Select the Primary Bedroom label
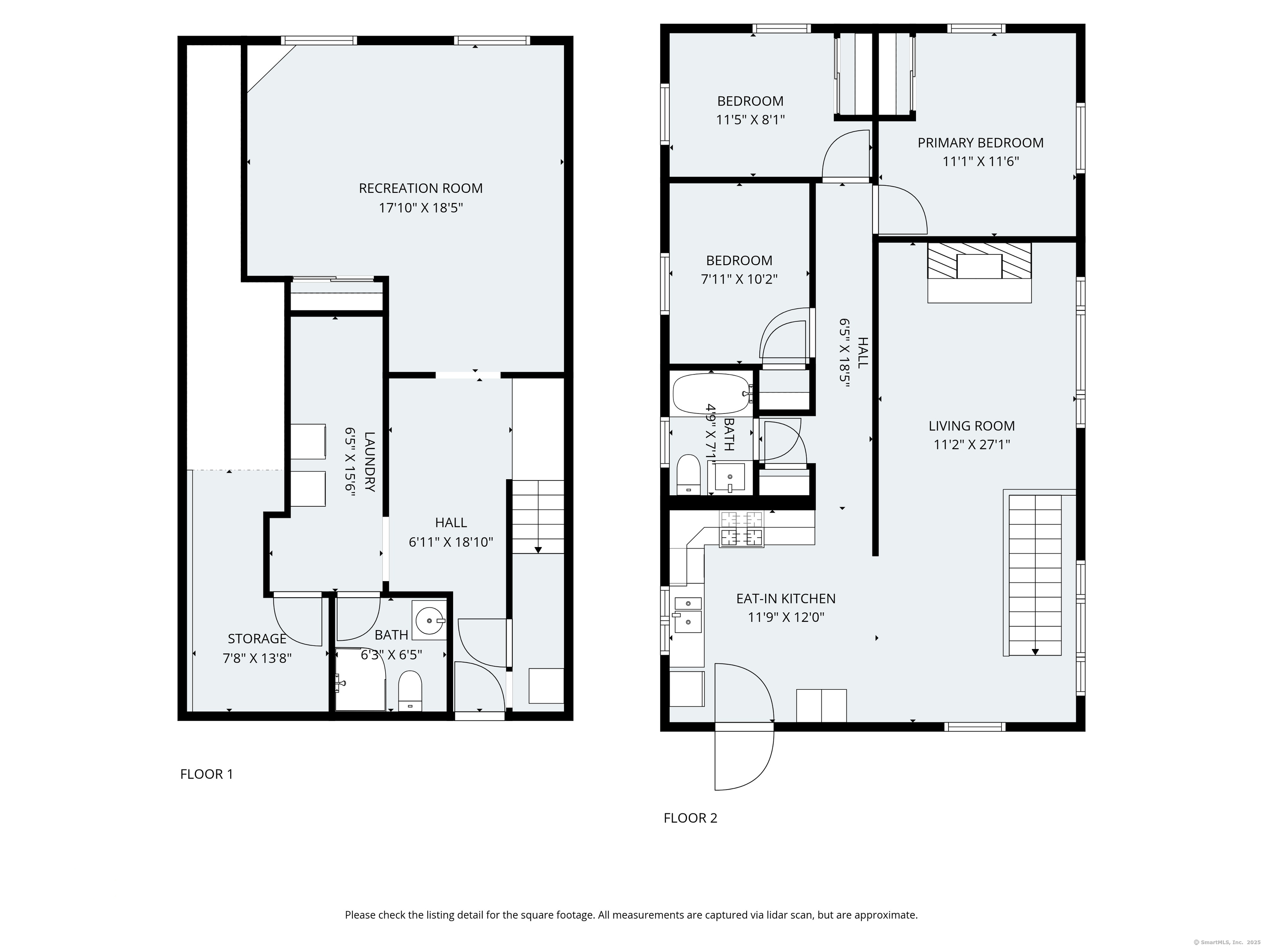pyautogui.click(x=981, y=143)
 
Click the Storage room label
pyautogui.click(x=257, y=639)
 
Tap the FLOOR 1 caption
pyautogui.click(x=207, y=774)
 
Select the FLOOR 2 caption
pyautogui.click(x=690, y=818)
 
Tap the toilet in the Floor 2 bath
pyautogui.click(x=688, y=474)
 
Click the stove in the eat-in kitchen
pyautogui.click(x=742, y=529)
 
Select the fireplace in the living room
pyautogui.click(x=979, y=272)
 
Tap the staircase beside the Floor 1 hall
pyautogui.click(x=538, y=517)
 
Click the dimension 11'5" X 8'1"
pyautogui.click(x=750, y=120)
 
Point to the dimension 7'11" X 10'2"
pyautogui.click(x=739, y=279)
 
